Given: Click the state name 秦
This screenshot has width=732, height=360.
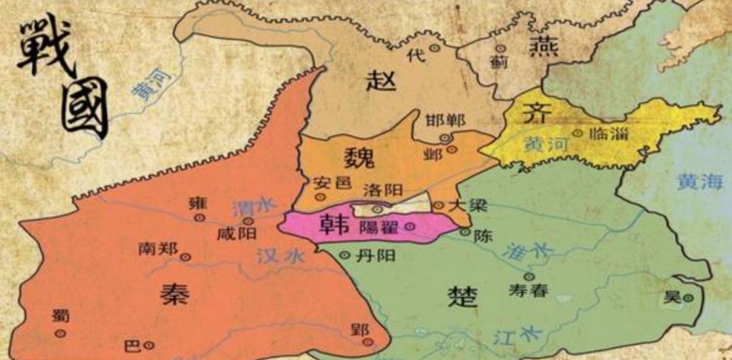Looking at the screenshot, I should tap(174, 293).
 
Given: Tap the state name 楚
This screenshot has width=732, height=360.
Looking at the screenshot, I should tap(463, 296).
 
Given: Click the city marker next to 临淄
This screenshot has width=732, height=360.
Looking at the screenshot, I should tap(577, 134).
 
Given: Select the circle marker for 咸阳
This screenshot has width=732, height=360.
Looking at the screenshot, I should tap(249, 221).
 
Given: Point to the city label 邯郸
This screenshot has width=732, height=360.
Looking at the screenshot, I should tap(445, 121).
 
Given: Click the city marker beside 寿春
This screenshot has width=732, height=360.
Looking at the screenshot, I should tap(529, 277).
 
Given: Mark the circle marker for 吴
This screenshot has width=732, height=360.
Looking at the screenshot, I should tap(688, 297).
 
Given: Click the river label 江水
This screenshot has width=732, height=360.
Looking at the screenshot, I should tap(508, 333).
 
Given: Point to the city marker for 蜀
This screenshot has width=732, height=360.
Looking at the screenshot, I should tap(60, 333).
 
